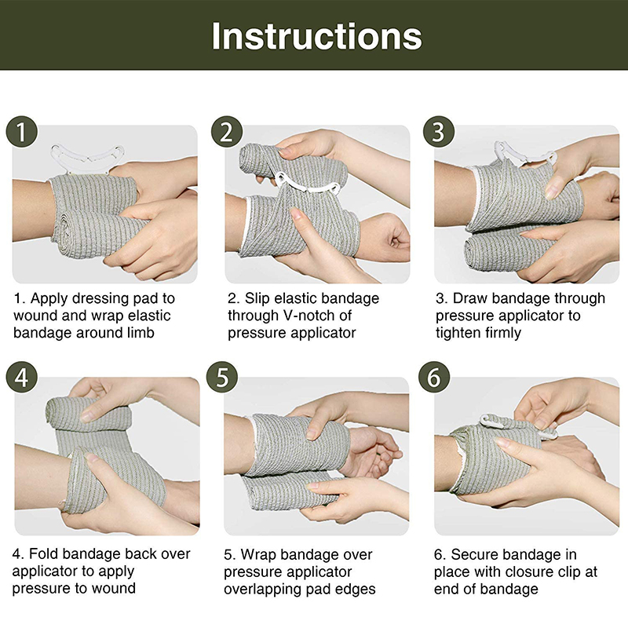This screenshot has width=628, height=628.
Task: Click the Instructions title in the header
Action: (x=316, y=36)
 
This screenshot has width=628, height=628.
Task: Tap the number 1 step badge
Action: (x=22, y=132)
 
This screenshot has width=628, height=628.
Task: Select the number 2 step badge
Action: (x=227, y=132)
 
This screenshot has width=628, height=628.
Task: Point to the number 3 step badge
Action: (x=439, y=132)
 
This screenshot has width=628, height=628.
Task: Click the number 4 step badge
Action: (x=22, y=378)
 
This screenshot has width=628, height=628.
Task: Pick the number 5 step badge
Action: (x=222, y=378)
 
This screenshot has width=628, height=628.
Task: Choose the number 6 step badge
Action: (x=435, y=378)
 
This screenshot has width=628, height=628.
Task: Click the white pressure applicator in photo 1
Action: (x=87, y=155)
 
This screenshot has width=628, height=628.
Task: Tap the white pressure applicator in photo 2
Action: (x=309, y=184)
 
